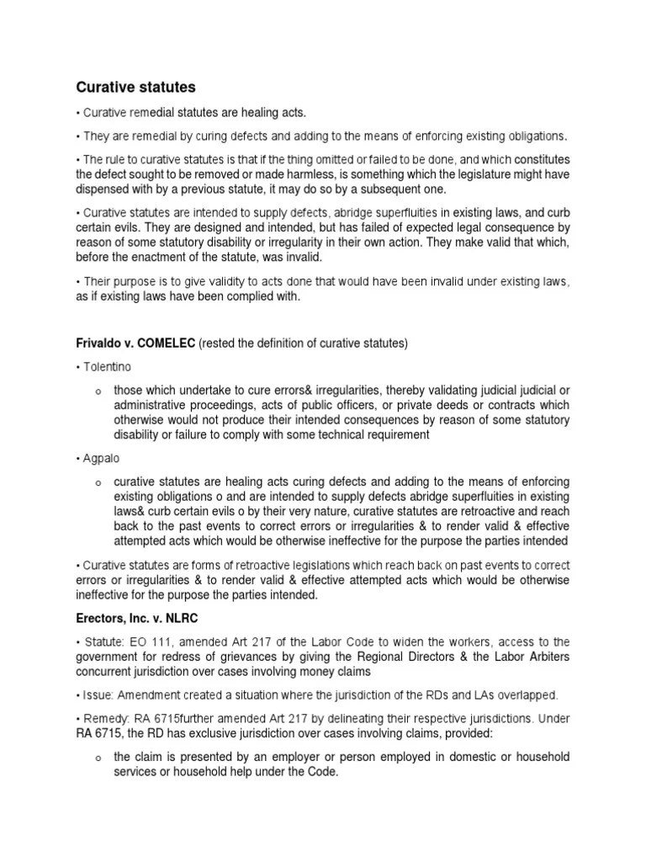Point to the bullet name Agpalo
point(102,458)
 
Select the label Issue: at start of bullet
point(98,695)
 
